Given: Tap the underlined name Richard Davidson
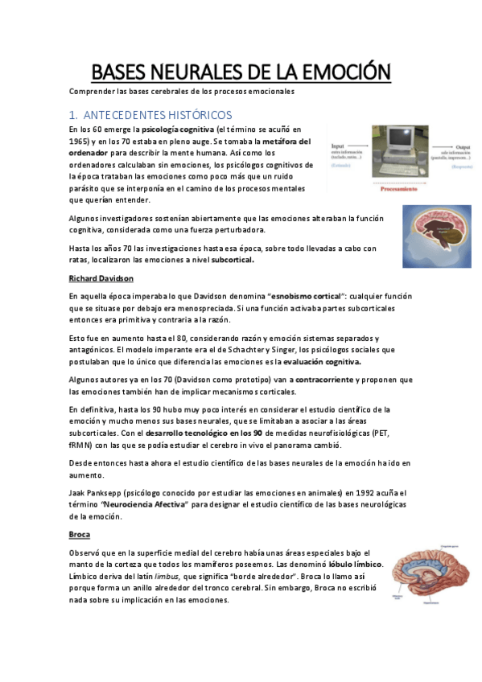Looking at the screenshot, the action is click(101, 278).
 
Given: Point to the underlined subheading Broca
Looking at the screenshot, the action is click(80, 534).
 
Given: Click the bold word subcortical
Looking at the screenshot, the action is click(233, 260).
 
